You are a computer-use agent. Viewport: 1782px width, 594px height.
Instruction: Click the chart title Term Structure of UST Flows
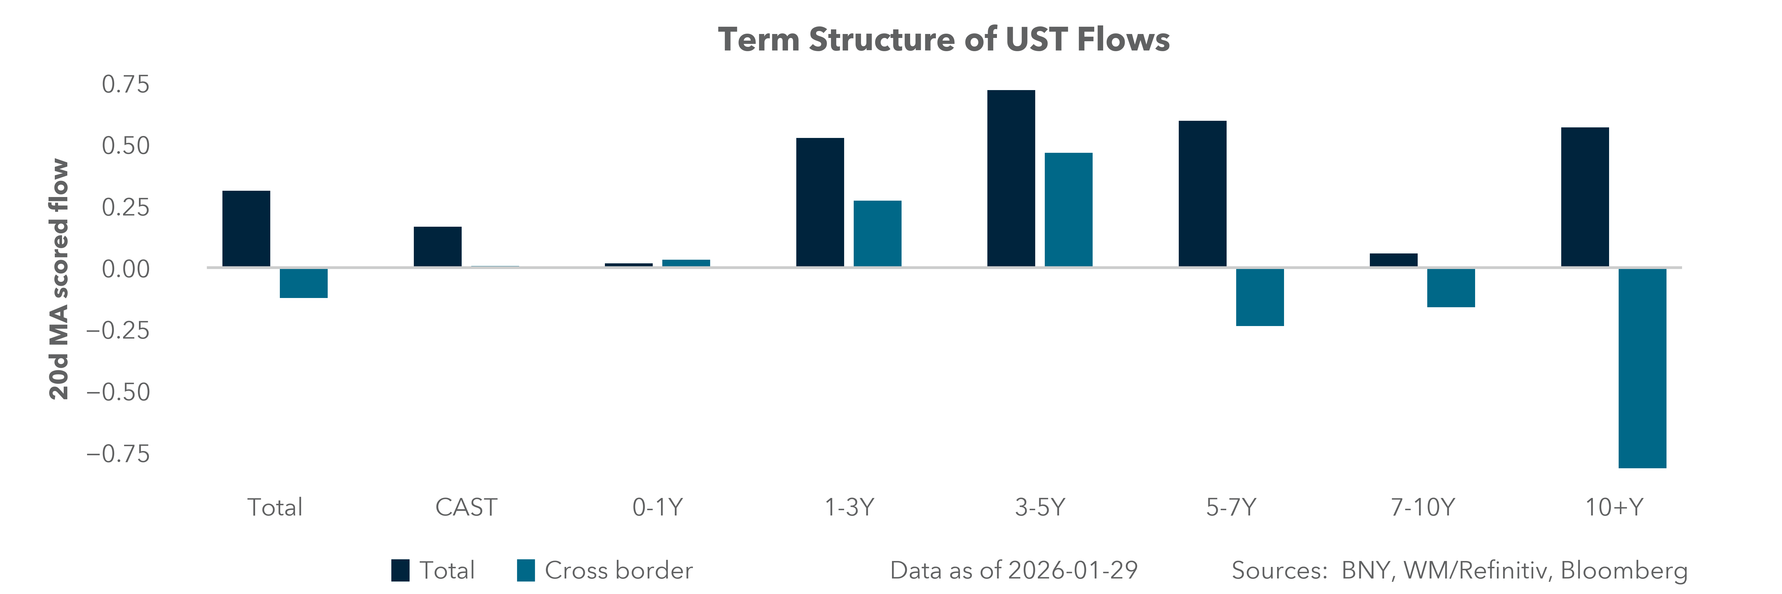click(x=943, y=39)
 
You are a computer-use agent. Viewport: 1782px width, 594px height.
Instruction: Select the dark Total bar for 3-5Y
click(x=1011, y=179)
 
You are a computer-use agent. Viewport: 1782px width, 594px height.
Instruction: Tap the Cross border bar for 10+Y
click(x=1642, y=368)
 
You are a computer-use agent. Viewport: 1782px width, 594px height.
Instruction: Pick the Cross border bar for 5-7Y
click(x=1260, y=297)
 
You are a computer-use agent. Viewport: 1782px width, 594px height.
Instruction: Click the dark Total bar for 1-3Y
click(x=820, y=203)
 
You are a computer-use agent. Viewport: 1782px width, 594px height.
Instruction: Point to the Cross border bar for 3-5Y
click(x=1068, y=210)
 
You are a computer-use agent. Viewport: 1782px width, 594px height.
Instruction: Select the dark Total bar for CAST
click(x=437, y=247)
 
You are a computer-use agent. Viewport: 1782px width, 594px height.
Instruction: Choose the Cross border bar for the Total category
click(x=304, y=283)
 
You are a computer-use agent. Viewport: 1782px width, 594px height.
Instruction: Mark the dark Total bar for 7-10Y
click(x=1393, y=260)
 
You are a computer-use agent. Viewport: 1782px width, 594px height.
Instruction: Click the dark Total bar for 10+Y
click(x=1585, y=197)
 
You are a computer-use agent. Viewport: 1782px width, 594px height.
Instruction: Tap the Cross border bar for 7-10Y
click(x=1451, y=288)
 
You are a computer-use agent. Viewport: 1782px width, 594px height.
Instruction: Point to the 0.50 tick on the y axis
click(x=125, y=146)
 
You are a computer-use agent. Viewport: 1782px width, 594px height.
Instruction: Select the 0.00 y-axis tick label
click(x=125, y=269)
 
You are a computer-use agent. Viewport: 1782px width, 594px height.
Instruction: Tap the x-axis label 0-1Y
click(x=657, y=508)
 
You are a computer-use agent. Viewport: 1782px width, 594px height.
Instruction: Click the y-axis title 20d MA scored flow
click(x=59, y=280)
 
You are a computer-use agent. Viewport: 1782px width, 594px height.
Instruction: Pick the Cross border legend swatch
click(x=526, y=571)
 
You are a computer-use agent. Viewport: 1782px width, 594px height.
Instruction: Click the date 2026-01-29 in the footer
click(x=1072, y=571)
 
